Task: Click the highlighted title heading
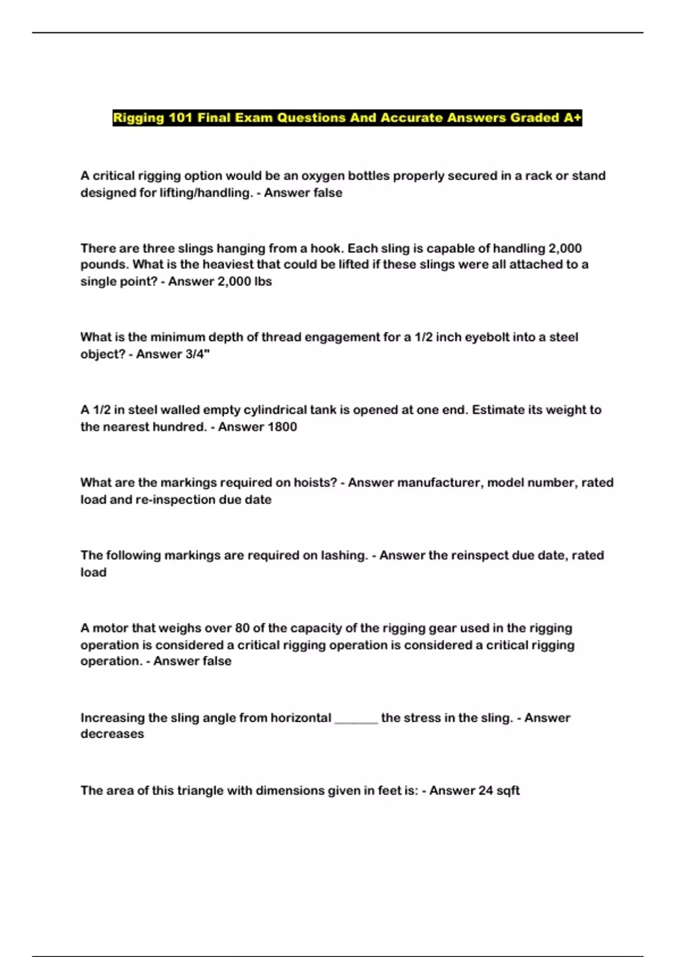click(347, 118)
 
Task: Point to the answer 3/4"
click(197, 354)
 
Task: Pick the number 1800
click(282, 427)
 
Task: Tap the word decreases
click(112, 734)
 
